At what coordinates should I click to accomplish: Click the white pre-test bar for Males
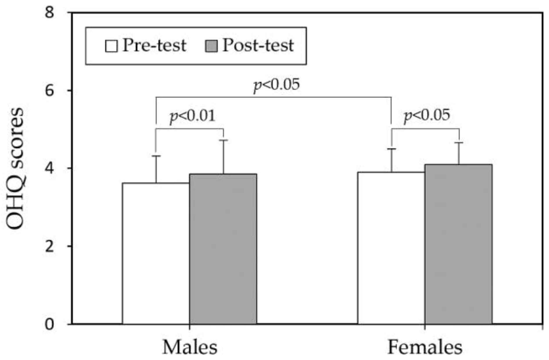click(x=156, y=253)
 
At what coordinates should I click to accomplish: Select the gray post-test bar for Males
click(x=223, y=248)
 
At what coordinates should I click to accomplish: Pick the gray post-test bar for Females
click(x=459, y=244)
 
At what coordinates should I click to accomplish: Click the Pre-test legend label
click(x=154, y=46)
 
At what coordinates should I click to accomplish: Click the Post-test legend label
click(x=258, y=46)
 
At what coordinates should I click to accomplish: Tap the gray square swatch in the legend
click(x=211, y=46)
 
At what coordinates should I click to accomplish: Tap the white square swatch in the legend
click(x=111, y=46)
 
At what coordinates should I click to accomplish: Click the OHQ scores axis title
click(x=15, y=169)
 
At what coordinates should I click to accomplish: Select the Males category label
click(x=190, y=347)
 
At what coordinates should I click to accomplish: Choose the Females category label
click(x=425, y=347)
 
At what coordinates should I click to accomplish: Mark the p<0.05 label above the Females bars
click(x=427, y=115)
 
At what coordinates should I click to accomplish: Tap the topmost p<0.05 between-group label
click(x=277, y=85)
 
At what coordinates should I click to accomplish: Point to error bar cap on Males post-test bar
click(x=223, y=140)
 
